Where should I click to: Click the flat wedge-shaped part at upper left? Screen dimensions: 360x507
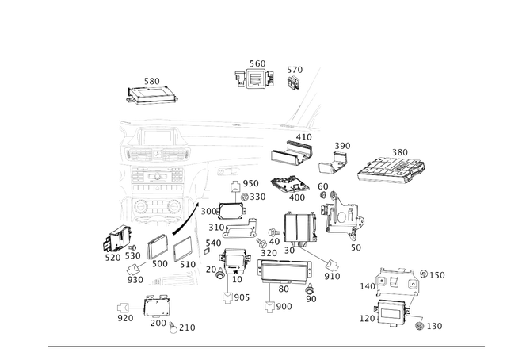[153, 94]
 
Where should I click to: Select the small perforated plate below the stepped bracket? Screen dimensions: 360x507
[290, 186]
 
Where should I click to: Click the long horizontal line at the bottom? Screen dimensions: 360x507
[266, 346]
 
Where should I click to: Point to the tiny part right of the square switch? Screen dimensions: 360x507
[294, 76]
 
